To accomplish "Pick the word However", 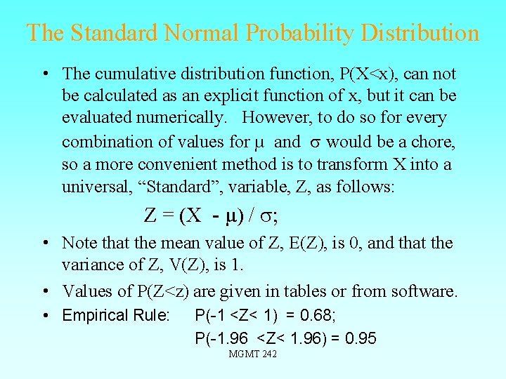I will [x=274, y=119].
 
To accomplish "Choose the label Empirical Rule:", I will [x=116, y=316].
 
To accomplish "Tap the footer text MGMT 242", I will [x=253, y=354].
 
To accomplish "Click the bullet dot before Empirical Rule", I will [x=44, y=316].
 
